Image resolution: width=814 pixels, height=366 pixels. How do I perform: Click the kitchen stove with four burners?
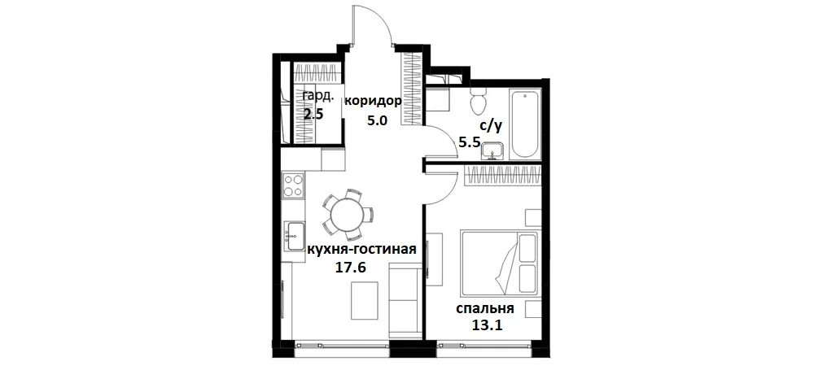click(x=292, y=186)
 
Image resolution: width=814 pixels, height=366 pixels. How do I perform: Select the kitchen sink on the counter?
click(x=293, y=236)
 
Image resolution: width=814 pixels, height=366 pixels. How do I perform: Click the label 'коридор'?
click(x=373, y=102)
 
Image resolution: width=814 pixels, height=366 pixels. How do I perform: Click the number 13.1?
click(x=486, y=327)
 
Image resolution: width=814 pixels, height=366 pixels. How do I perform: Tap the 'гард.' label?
click(x=318, y=96)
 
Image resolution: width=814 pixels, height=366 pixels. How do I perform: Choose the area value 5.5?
click(x=470, y=142)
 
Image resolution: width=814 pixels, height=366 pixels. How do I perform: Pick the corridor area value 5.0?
click(x=376, y=120)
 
